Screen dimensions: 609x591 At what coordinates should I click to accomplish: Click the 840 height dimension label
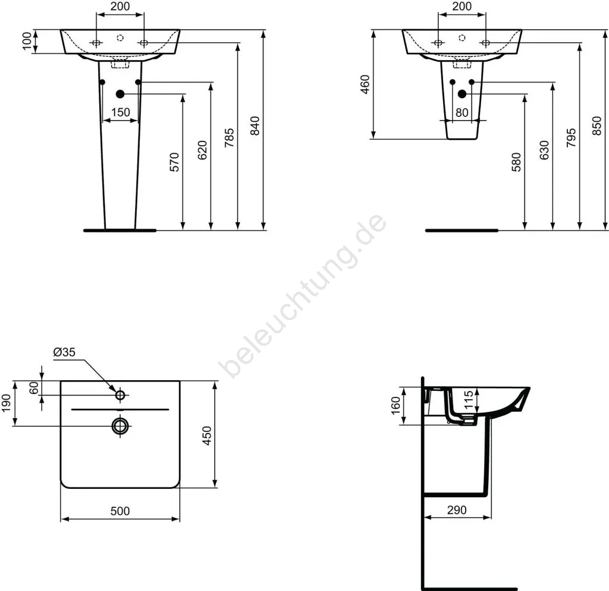pyautogui.click(x=255, y=126)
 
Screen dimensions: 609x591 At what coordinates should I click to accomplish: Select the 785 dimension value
pyautogui.click(x=229, y=138)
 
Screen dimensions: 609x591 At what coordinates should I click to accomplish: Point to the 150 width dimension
pyautogui.click(x=120, y=112)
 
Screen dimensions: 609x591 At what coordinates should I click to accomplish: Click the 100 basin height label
pyautogui.click(x=26, y=41)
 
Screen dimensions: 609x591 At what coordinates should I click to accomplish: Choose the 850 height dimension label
pyautogui.click(x=597, y=126)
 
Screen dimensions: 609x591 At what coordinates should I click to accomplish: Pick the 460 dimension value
pyautogui.click(x=365, y=84)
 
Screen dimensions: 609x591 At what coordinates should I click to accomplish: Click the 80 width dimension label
pyautogui.click(x=462, y=112)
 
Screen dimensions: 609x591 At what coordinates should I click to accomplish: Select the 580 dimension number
pyautogui.click(x=516, y=162)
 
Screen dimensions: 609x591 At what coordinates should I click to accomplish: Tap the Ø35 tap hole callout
pyautogui.click(x=64, y=352)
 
